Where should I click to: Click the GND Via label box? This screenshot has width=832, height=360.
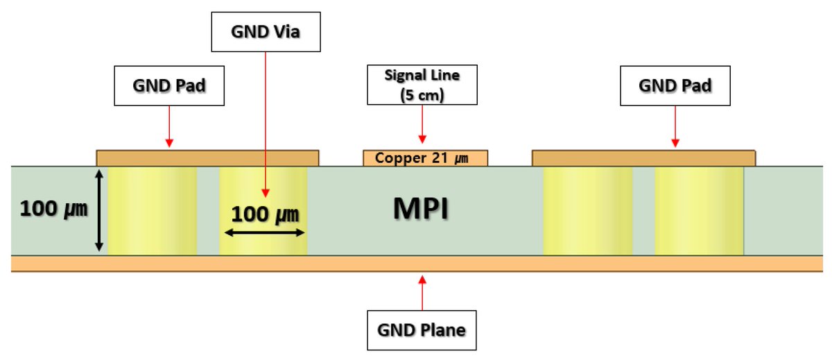tap(266, 31)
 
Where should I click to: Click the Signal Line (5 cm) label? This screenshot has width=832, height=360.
tap(422, 85)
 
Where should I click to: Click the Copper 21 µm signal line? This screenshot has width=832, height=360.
tap(425, 158)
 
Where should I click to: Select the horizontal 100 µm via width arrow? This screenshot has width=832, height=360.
tap(263, 233)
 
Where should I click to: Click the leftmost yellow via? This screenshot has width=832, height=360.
tap(153, 210)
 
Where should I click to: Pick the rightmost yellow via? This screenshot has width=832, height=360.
tap(699, 210)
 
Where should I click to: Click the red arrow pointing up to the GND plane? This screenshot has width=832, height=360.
tap(422, 291)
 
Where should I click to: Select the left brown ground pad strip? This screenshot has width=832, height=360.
tap(207, 158)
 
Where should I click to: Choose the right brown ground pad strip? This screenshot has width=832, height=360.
tap(643, 158)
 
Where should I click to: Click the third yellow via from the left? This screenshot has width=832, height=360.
tap(587, 210)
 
